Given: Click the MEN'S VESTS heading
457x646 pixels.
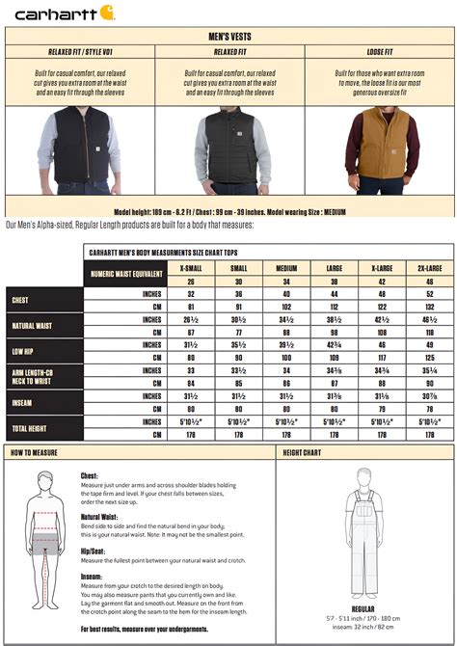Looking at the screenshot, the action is pyautogui.click(x=228, y=36).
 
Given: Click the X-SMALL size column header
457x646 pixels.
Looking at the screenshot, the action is pyautogui.click(x=191, y=266).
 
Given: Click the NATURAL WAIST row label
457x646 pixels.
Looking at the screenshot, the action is pyautogui.click(x=32, y=325).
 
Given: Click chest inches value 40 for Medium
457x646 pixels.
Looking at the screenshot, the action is pyautogui.click(x=285, y=293).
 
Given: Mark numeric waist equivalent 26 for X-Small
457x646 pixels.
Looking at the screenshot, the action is pyautogui.click(x=191, y=280).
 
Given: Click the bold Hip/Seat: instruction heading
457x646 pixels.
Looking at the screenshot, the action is pyautogui.click(x=95, y=551).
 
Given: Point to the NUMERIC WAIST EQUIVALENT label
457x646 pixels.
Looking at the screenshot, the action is pyautogui.click(x=125, y=274).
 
